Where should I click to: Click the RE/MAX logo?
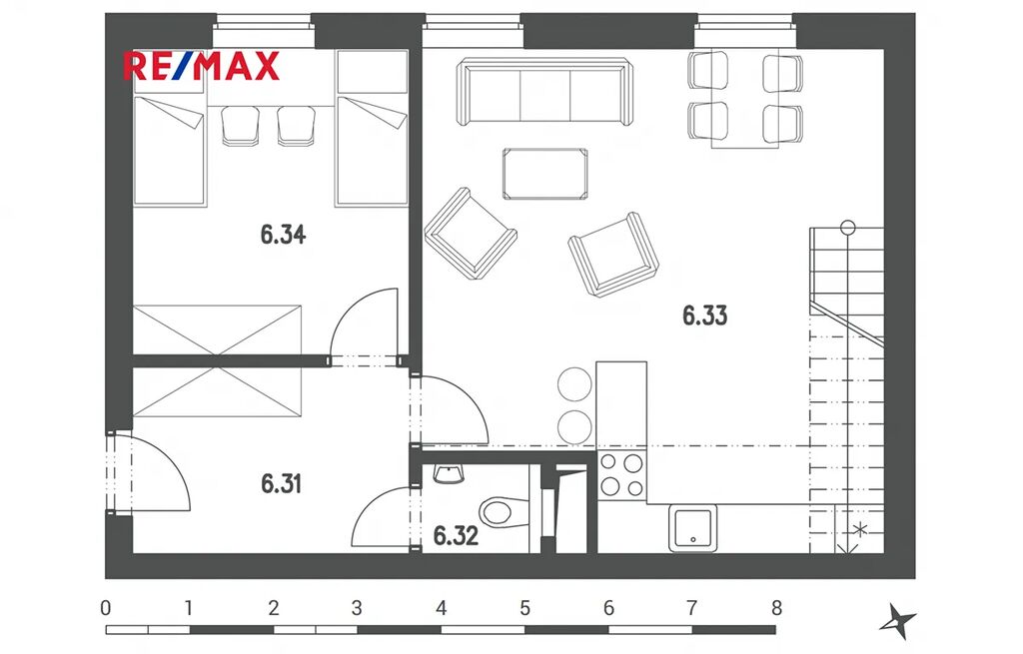[x=201, y=66]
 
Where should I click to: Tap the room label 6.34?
[x=283, y=234]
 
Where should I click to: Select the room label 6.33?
[x=704, y=316]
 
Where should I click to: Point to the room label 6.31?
[x=281, y=484]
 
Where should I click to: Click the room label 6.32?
[x=456, y=536]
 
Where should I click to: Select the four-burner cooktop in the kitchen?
[x=621, y=475]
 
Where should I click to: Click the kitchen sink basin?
[x=693, y=528]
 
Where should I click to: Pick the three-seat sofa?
[x=544, y=91]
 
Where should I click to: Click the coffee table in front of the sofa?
[x=544, y=174]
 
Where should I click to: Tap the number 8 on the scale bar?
[x=775, y=608]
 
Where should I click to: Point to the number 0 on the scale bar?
[x=106, y=608]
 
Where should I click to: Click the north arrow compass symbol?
[x=897, y=621]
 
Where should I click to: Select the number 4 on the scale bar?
[x=441, y=608]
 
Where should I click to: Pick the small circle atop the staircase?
[x=847, y=228]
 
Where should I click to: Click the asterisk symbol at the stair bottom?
[x=860, y=530]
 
